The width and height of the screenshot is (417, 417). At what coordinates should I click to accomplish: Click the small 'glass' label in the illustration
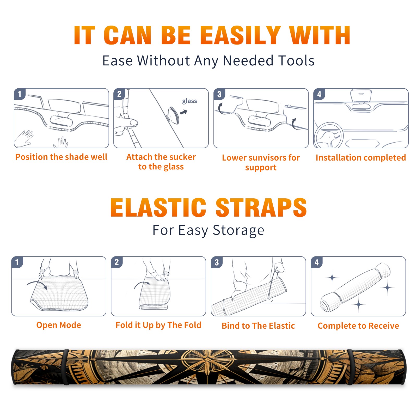(189, 101)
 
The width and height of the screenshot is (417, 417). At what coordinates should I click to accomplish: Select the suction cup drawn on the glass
(173, 115)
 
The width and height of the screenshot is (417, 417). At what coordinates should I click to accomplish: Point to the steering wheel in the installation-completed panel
(328, 135)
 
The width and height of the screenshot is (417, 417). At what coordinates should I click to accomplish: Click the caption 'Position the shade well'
(61, 157)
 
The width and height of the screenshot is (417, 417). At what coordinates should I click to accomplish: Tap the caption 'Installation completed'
(361, 158)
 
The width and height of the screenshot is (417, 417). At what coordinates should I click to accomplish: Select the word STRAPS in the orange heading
(261, 207)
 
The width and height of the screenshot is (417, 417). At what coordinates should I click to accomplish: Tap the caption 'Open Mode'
(59, 325)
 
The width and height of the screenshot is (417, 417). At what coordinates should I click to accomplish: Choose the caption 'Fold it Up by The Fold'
(158, 325)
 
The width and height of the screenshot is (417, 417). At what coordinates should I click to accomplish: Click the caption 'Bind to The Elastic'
(258, 326)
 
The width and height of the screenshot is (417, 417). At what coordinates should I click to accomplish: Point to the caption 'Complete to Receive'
(358, 326)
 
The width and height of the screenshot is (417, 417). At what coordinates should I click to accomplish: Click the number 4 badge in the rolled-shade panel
(317, 262)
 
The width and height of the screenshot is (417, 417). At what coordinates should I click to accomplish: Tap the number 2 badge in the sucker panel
(119, 94)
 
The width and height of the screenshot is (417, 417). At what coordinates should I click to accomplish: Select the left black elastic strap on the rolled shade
(66, 367)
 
